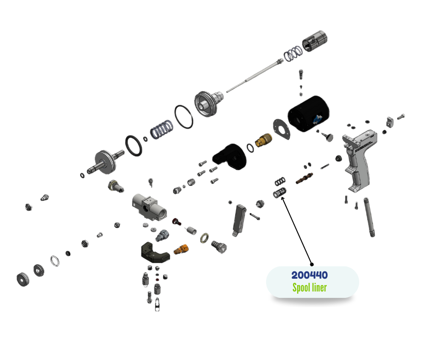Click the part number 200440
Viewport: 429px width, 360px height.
(309, 275)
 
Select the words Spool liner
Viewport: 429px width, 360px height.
(309, 288)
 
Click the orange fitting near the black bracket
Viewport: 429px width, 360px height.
(181, 249)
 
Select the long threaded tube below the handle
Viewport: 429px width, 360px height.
(369, 217)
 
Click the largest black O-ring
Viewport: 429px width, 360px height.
(183, 117)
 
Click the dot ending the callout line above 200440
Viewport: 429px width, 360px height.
(312, 264)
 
